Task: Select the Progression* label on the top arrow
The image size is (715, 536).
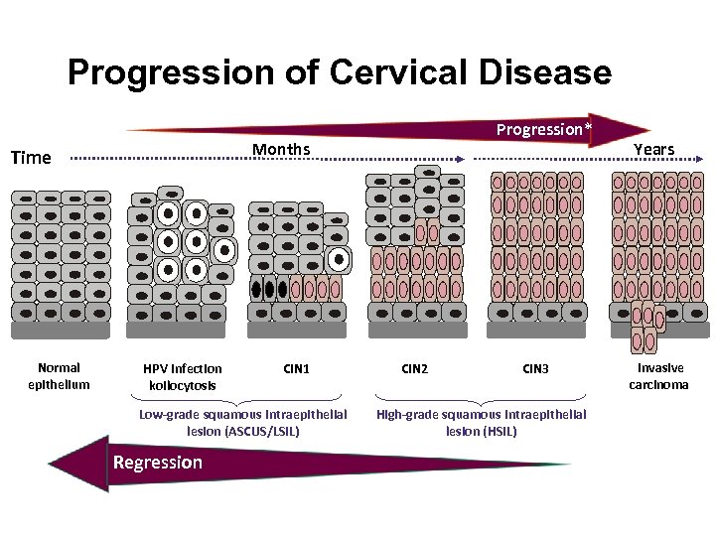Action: [x=544, y=129]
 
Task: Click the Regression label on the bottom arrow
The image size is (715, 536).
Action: [x=158, y=462]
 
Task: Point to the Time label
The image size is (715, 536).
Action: [x=30, y=157]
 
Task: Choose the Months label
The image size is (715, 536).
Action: [x=281, y=149]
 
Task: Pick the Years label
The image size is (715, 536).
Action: [x=653, y=149]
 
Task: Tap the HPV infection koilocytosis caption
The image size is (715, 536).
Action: [x=183, y=376]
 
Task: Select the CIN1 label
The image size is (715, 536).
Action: [x=296, y=368]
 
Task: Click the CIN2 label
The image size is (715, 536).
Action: [x=414, y=368]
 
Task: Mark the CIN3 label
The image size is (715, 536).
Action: [x=535, y=368]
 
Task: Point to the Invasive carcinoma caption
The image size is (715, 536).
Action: [x=659, y=376]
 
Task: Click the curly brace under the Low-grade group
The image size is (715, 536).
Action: [x=242, y=397]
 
